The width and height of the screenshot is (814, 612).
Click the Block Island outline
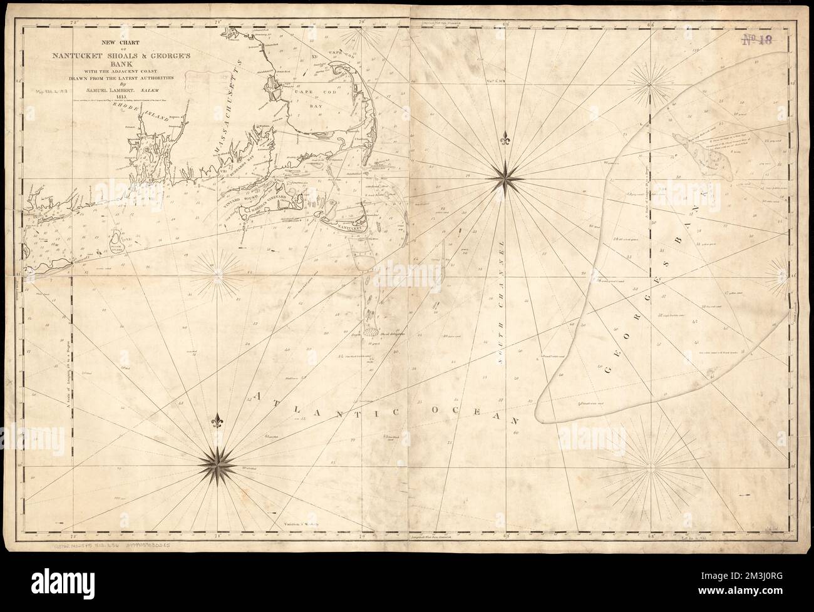pyautogui.click(x=119, y=242)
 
